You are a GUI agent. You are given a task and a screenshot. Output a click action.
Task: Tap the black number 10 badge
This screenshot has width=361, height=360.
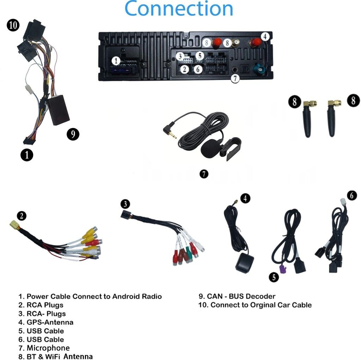pos(13,26)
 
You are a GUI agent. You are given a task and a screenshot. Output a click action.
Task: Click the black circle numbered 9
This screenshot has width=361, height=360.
pos(73,134)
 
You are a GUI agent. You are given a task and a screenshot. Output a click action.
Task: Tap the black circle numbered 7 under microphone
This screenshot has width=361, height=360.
pos(204,173)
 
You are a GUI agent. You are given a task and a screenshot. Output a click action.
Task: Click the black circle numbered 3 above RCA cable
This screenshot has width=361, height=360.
pos(125,204)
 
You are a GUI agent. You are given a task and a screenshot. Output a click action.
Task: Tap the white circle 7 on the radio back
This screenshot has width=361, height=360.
pos(235,78)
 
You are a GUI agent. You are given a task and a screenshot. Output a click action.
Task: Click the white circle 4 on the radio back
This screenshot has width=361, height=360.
pos(265,36)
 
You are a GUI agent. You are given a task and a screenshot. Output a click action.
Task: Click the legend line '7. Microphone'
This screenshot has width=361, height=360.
pos(44,348)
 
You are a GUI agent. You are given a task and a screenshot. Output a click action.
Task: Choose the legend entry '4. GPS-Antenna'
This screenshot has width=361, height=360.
pos(46,322)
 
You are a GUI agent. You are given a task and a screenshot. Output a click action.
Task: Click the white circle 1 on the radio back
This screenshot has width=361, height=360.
pos(116,61)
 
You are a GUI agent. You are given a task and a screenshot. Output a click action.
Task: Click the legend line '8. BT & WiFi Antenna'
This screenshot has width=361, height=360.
pos(56,356)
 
